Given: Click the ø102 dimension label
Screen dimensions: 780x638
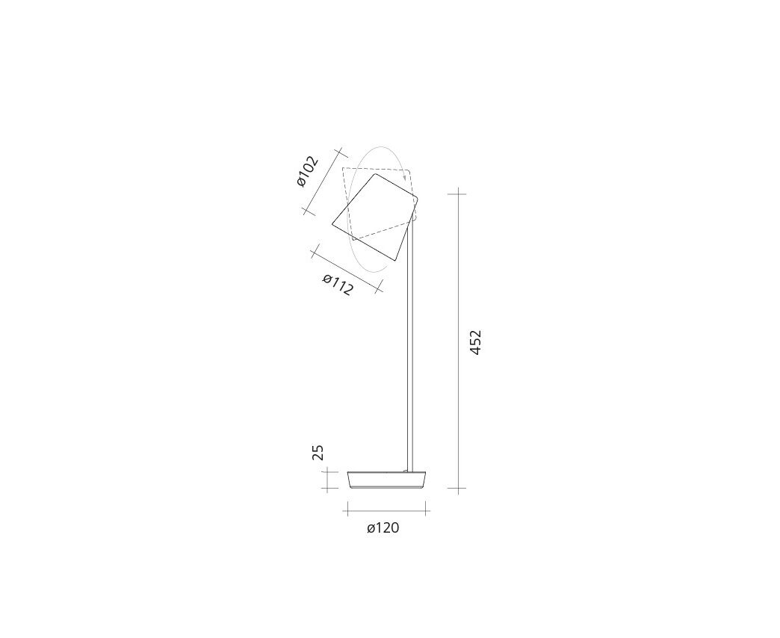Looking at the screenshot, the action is pyautogui.click(x=307, y=172).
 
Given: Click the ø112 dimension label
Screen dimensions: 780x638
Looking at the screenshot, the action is pyautogui.click(x=338, y=285).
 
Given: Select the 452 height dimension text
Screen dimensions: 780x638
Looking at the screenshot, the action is pyautogui.click(x=476, y=342).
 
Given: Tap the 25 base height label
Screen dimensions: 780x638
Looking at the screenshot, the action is pyautogui.click(x=318, y=453).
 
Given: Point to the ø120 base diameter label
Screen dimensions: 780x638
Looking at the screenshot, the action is pyautogui.click(x=383, y=527).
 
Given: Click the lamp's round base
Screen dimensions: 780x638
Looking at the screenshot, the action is pyautogui.click(x=387, y=480).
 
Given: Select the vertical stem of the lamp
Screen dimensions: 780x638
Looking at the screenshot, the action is pyautogui.click(x=410, y=348).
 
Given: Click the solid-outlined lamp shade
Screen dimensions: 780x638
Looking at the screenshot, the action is pyautogui.click(x=376, y=217).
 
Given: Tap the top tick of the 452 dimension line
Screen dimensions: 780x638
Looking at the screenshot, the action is pyautogui.click(x=458, y=193).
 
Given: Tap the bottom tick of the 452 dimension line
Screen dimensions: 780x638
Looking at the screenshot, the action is pyautogui.click(x=458, y=489).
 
